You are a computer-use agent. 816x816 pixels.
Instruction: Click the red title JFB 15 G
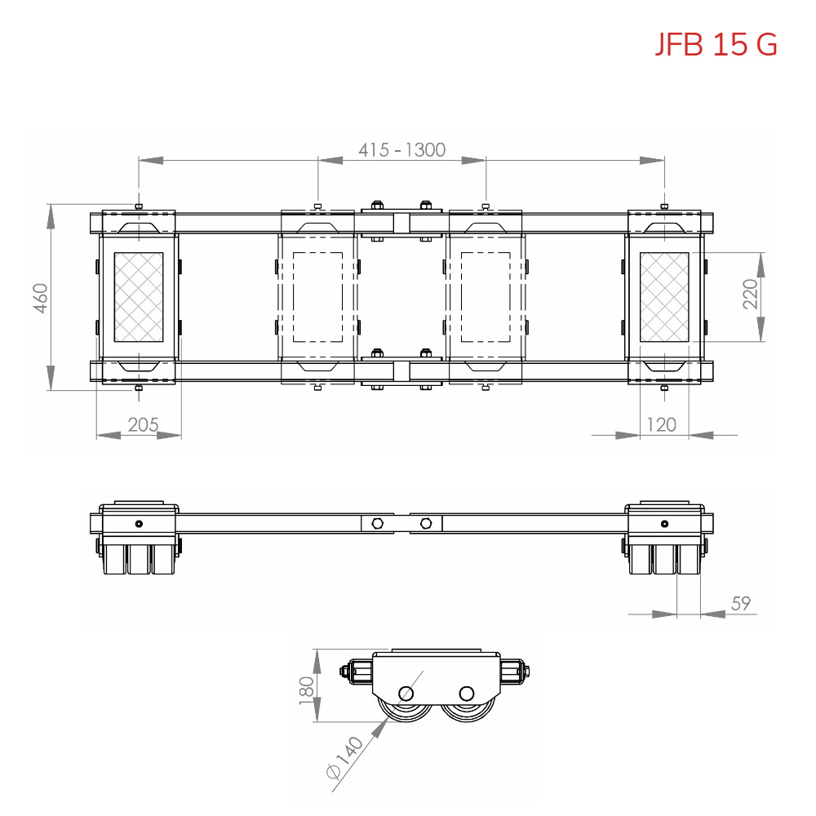716,44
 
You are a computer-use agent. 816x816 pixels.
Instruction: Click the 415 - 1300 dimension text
401,150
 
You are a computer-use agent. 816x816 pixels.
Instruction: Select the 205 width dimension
143,424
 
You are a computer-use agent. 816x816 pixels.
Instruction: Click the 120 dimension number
661,424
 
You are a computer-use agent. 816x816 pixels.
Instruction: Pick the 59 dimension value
740,604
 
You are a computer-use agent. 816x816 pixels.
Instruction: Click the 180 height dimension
307,687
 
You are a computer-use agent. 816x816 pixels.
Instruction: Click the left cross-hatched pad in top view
138,297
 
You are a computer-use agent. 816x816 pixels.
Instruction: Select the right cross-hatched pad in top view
664,297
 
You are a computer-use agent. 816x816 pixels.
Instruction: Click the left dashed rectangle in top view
317,297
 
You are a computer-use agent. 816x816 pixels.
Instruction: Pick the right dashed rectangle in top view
486,297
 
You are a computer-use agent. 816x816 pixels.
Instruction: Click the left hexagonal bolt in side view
376,523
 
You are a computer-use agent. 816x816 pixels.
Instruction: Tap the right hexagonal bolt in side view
426,523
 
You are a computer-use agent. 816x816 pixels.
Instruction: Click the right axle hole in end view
466,694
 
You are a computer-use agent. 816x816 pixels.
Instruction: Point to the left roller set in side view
139,559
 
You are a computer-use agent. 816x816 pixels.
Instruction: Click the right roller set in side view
664,559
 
